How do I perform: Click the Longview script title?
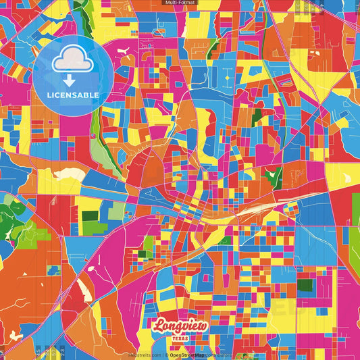180,326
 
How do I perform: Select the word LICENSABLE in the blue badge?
73,95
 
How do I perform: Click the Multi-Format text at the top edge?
180,3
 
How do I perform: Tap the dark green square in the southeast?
305,285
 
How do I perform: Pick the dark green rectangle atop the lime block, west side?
90,215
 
